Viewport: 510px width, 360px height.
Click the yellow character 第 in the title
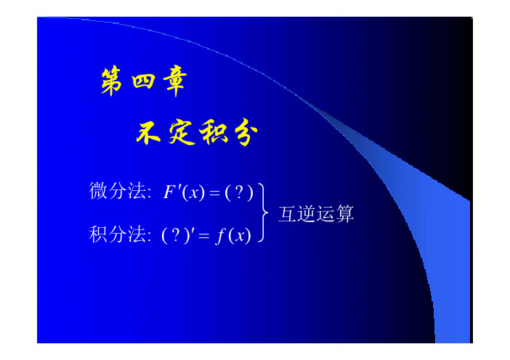pos(111,81)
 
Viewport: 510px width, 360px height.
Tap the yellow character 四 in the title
pos(143,81)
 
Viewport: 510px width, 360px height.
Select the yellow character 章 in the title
pos(175,81)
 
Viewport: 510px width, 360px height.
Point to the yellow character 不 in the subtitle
pos(148,133)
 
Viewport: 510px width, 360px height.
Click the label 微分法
pos(118,191)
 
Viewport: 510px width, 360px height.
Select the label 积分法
pos(118,234)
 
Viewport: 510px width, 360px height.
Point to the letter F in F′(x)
pos(169,192)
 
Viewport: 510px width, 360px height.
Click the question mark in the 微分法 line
pos(239,192)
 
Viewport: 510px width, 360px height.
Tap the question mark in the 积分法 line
pos(176,234)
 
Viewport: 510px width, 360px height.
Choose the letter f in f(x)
pos(221,236)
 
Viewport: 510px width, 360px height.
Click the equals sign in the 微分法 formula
pos(214,193)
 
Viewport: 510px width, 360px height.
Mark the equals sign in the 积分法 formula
pos(204,236)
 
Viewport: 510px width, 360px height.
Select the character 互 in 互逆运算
pos(288,214)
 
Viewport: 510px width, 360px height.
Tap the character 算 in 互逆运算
pos(345,214)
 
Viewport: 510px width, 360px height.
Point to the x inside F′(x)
pos(194,194)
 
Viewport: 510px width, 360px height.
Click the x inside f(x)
pos(240,237)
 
